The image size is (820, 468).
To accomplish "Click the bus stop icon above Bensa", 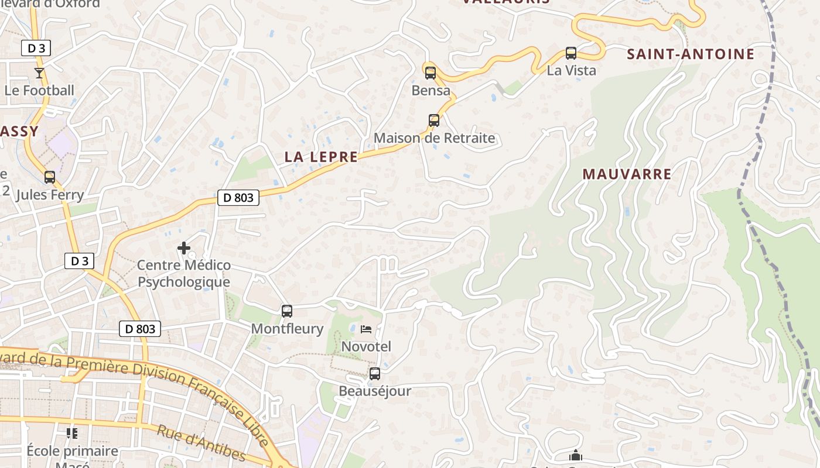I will point(430,73).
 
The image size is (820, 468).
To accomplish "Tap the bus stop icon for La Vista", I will point(571,53).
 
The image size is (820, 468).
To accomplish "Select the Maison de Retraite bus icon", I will point(434,121).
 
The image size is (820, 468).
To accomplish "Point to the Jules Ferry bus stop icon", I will point(50,177).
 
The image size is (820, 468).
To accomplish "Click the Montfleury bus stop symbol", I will point(287,311).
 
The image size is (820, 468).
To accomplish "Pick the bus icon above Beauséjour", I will point(375,373).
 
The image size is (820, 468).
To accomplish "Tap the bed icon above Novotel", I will point(366,329).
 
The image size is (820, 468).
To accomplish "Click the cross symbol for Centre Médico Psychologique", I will point(184,248).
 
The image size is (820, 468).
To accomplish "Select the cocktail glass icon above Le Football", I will point(39,73).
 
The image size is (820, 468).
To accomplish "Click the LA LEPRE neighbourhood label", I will point(321,157).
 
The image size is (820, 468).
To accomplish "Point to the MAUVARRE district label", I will point(627,174).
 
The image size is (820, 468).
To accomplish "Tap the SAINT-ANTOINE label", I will point(691,54).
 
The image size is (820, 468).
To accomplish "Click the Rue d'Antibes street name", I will point(201,442).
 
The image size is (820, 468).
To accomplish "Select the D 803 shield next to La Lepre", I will point(239,198).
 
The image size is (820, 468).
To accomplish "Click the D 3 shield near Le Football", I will point(36,48).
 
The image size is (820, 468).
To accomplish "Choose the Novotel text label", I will point(366,346).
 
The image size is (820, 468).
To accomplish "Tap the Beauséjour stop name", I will point(375,391).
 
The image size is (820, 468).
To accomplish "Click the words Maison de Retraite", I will point(434,139).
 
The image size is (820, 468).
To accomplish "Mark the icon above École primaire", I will point(72,433).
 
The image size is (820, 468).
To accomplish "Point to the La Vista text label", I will point(571,71).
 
